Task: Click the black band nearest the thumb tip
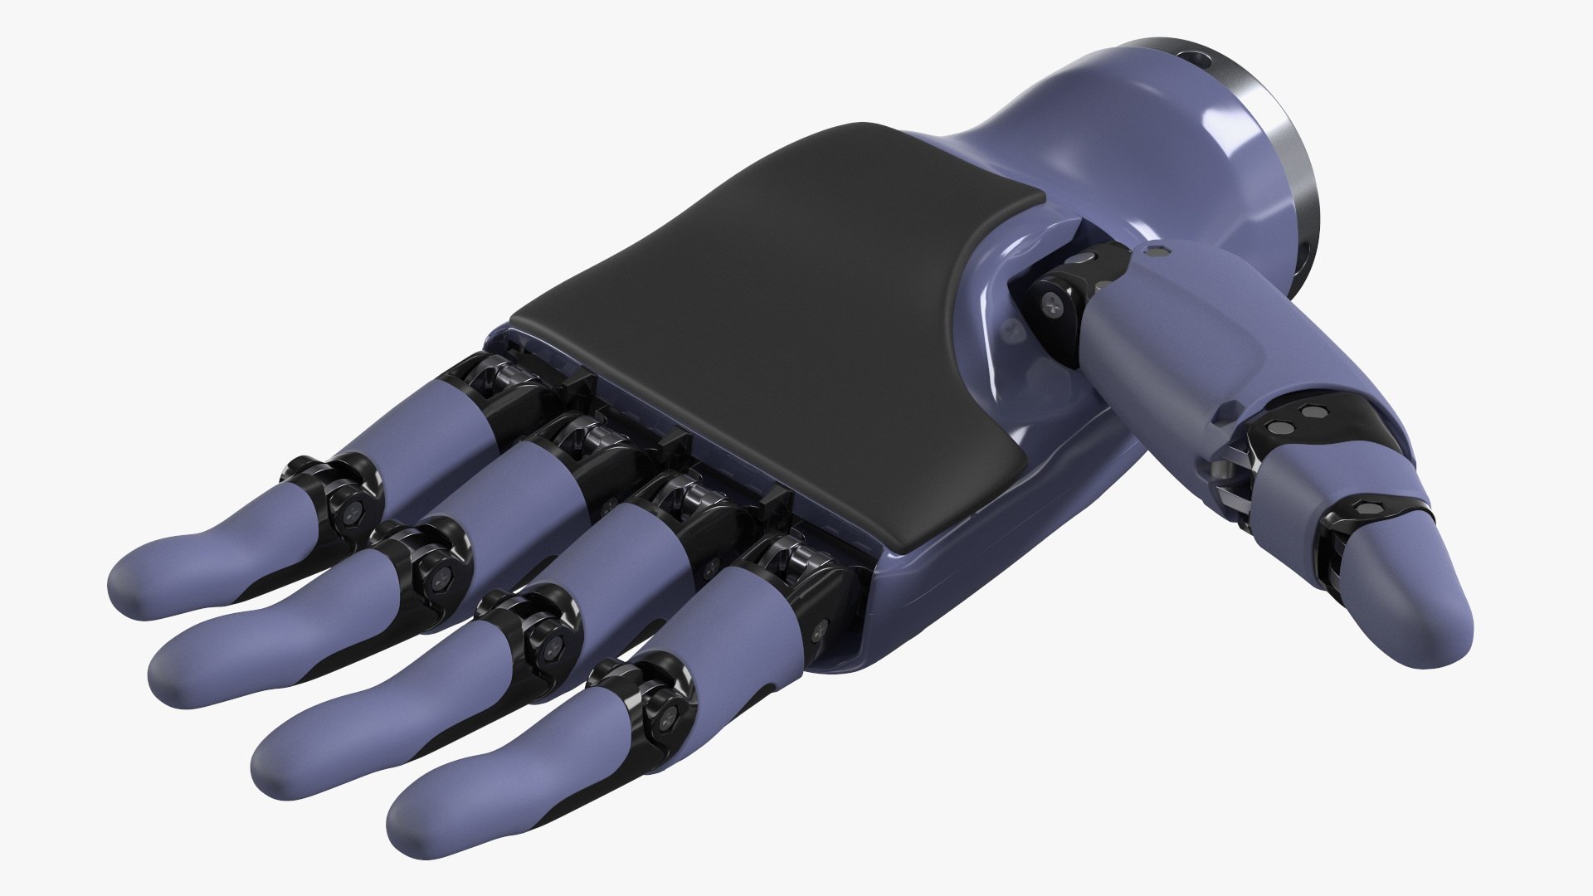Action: (1369, 514)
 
